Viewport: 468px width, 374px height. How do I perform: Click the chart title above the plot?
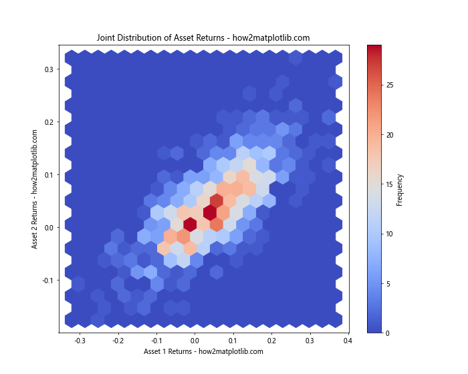coord(203,37)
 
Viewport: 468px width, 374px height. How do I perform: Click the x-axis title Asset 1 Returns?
coord(203,351)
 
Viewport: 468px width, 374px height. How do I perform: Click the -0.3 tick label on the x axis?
coord(80,340)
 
